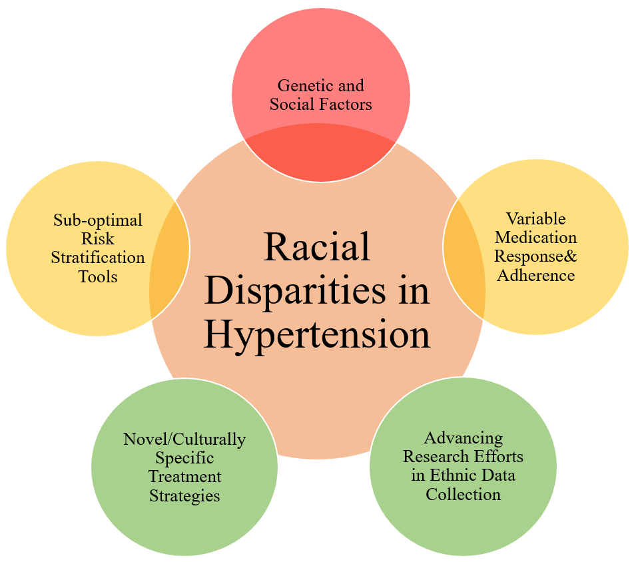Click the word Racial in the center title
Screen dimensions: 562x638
pos(317,248)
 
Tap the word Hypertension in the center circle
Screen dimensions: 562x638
pos(317,334)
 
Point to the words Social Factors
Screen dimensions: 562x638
pos(320,104)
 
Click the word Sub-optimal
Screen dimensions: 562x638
pos(98,220)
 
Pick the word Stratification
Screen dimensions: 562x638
pos(98,257)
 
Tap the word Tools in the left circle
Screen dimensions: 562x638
pos(98,276)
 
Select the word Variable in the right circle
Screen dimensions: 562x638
pos(535,218)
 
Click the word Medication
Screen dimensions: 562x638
pos(535,237)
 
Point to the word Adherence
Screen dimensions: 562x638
pos(535,274)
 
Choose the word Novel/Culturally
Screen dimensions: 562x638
pos(184,439)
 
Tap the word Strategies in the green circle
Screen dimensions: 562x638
pos(184,495)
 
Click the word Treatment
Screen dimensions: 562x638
pos(184,477)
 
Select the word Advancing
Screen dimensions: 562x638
pos(463,438)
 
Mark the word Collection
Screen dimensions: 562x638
pos(463,494)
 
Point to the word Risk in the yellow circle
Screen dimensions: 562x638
pos(98,238)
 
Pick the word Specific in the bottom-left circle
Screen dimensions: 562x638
pos(184,458)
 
